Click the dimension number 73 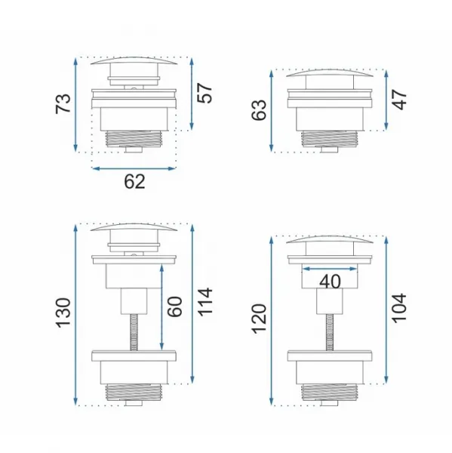tap(63, 103)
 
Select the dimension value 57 tap(204, 93)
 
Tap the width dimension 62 tap(134, 182)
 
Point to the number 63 tap(259, 109)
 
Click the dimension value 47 tap(400, 100)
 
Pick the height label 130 tap(63, 313)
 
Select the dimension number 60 tap(175, 307)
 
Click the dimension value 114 tap(204, 300)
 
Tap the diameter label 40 tap(330, 282)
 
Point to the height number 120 tap(259, 319)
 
